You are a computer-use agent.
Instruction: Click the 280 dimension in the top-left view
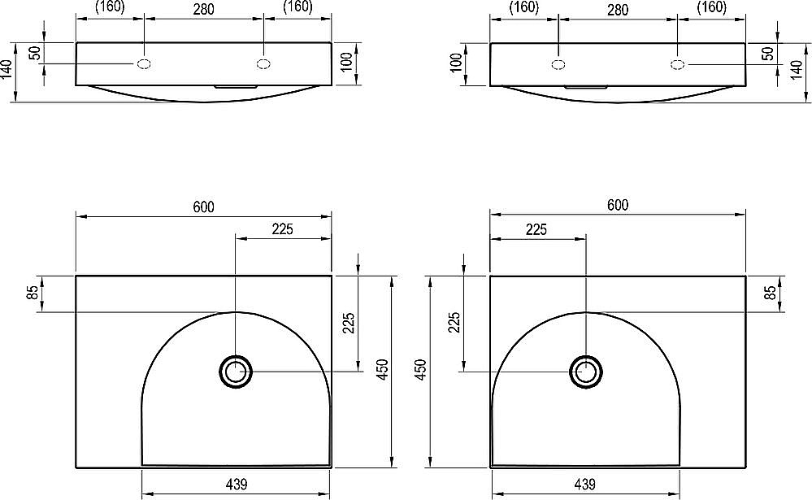coord(204,9)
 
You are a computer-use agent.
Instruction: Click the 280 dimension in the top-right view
coord(618,10)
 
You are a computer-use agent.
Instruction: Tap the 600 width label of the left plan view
coord(203,207)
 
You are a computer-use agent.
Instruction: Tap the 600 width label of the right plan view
coord(618,205)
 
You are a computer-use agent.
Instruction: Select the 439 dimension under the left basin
coord(237,484)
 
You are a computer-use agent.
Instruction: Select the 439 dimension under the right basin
coord(584,484)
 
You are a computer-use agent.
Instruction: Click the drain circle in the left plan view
coord(237,372)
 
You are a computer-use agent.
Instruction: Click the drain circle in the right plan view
coord(586,372)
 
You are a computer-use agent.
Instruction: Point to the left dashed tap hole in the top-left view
coord(144,64)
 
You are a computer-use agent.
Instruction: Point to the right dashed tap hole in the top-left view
coord(263,64)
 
